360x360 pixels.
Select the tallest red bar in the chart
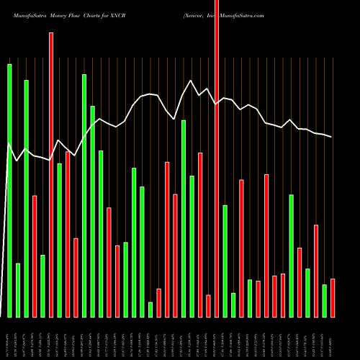217,158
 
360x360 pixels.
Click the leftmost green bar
9,191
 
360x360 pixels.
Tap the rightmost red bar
333,298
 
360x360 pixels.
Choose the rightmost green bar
324,301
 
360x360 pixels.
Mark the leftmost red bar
35,256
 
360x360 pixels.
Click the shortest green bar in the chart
150,310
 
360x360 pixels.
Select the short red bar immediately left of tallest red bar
208,306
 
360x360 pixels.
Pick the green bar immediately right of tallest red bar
225,261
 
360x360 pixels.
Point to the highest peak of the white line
191,81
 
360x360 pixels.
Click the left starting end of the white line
9,145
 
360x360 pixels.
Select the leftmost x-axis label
9,338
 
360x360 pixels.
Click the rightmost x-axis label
333,338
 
